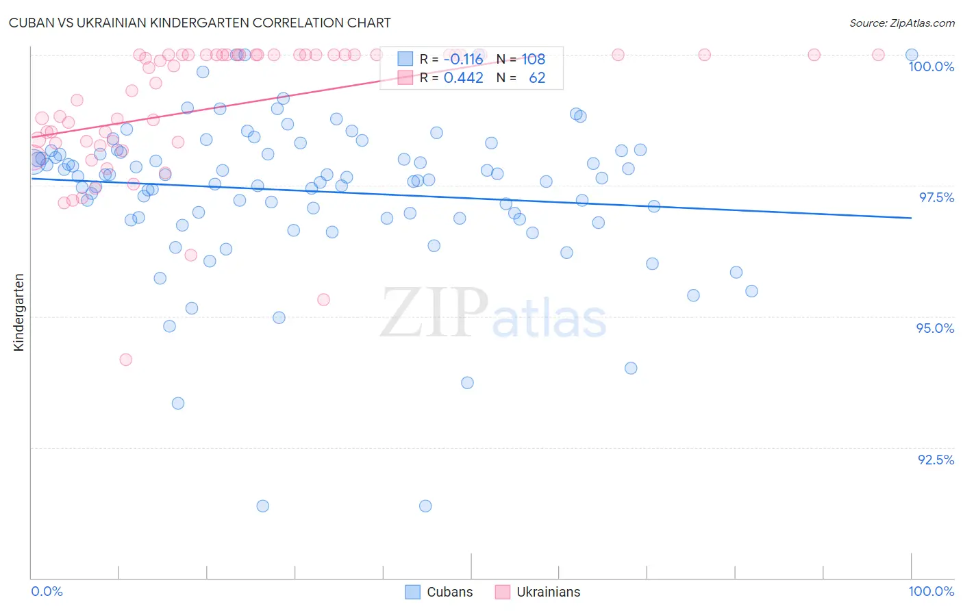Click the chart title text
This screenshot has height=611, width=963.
199,23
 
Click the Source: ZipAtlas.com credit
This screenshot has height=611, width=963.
901,23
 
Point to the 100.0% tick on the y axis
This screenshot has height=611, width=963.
931,66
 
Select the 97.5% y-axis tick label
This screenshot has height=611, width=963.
936,197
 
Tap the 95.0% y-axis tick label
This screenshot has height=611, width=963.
935,328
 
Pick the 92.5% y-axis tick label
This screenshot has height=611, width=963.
936,460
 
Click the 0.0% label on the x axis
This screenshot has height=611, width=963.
47,591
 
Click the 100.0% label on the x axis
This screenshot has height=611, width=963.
931,591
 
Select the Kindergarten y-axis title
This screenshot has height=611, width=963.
18,312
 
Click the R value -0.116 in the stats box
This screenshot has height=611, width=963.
463,59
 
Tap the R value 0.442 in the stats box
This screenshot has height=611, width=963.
463,77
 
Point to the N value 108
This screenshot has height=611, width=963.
534,59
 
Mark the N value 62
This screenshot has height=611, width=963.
537,77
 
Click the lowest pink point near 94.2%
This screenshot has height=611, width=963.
125,360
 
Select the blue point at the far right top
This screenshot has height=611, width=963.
912,55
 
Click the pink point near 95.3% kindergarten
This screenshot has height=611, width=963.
323,299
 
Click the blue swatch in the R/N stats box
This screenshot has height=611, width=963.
405,59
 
